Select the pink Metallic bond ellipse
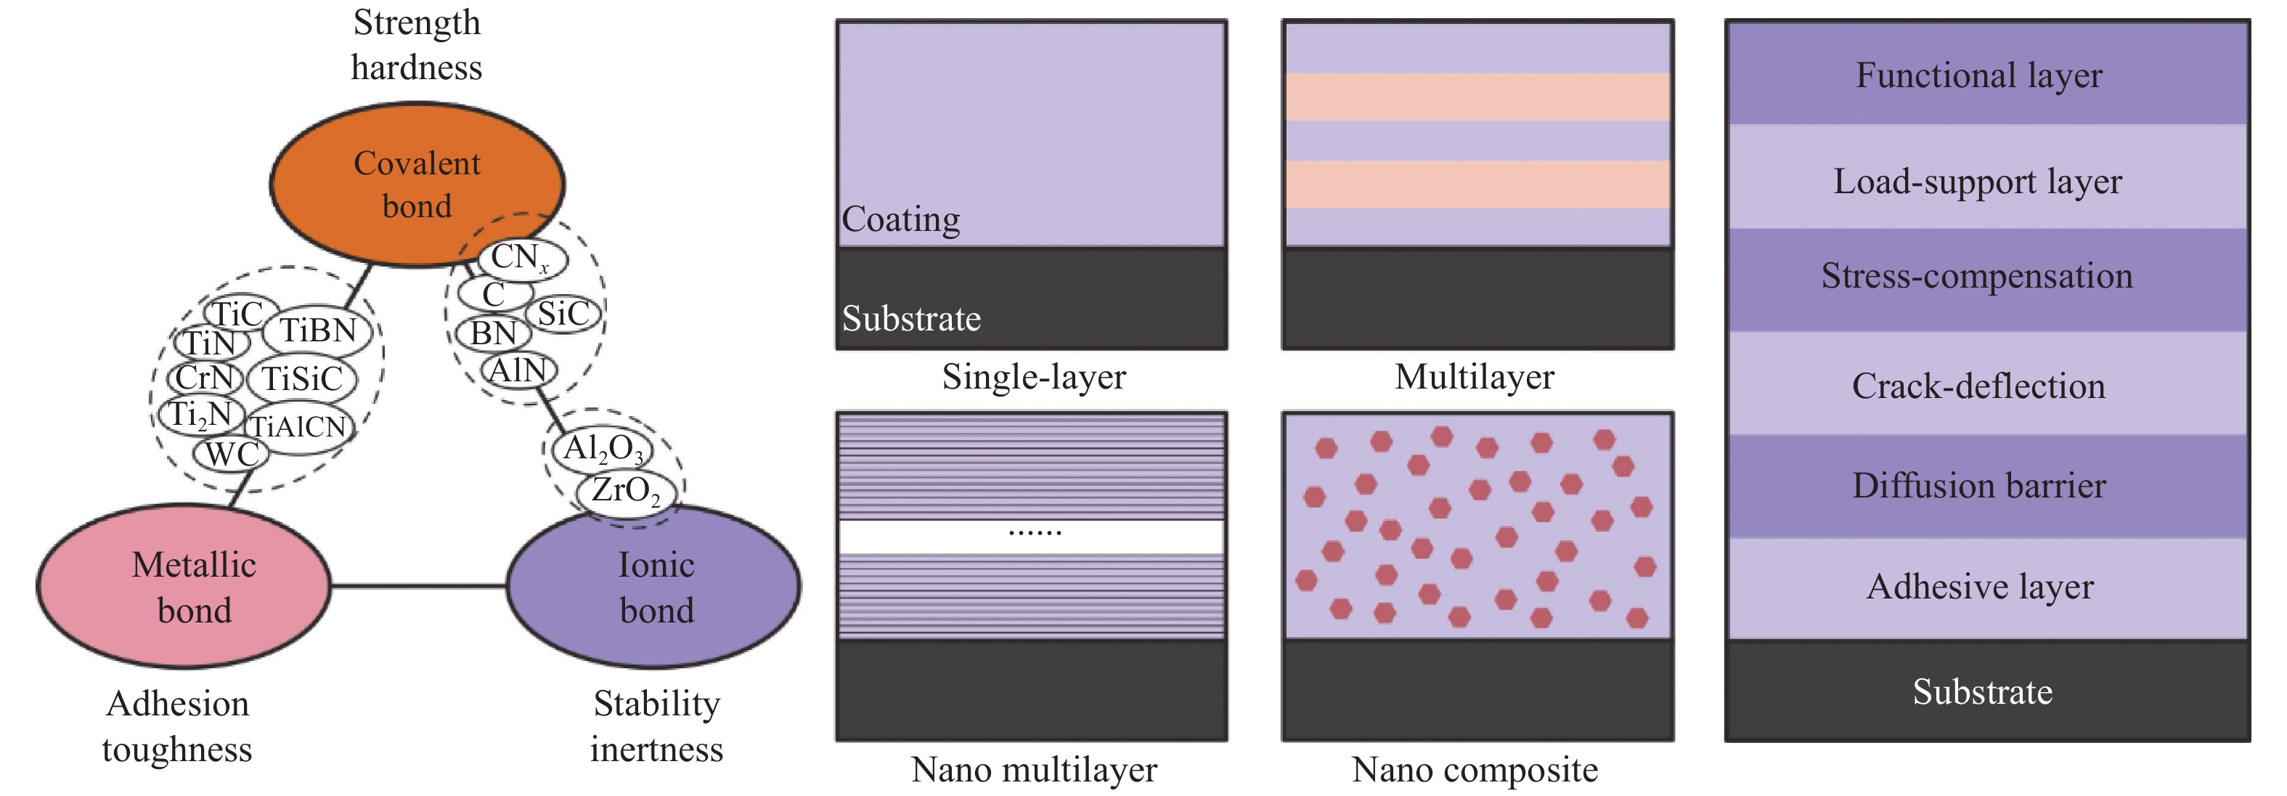click(184, 586)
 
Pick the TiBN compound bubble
click(318, 330)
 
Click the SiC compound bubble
click(563, 314)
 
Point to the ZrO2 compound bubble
click(626, 490)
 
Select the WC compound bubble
click(231, 455)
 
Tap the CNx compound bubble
click(521, 258)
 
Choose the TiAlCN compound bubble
click(298, 427)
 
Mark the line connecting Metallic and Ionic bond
click(418, 586)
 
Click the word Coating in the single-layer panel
click(900, 219)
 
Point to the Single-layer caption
click(1033, 377)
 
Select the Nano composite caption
click(1474, 769)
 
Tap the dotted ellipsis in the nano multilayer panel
click(1035, 533)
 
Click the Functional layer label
click(1979, 76)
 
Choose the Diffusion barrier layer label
click(1979, 486)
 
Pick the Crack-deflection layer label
click(1979, 386)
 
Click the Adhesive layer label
click(1979, 586)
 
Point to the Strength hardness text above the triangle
click(417, 44)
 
